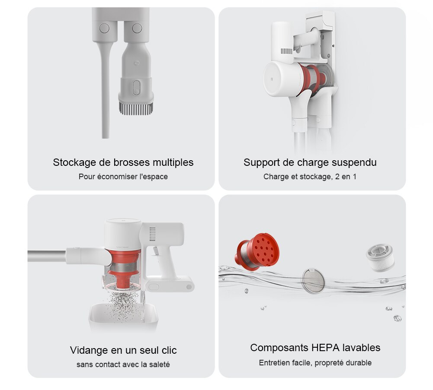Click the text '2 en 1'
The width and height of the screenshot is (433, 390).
click(x=346, y=177)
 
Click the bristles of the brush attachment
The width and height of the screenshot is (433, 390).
click(x=136, y=108)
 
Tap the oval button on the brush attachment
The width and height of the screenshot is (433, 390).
click(x=136, y=88)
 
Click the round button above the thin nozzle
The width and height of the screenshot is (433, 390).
click(x=104, y=28)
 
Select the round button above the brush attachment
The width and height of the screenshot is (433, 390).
click(x=137, y=28)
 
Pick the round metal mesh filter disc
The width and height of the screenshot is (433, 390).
click(x=313, y=281)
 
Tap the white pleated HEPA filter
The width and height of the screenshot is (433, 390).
click(x=380, y=257)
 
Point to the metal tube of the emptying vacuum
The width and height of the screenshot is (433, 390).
click(x=47, y=256)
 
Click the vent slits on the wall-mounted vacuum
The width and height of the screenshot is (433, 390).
click(x=286, y=51)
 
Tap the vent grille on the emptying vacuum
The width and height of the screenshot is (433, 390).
click(x=152, y=234)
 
